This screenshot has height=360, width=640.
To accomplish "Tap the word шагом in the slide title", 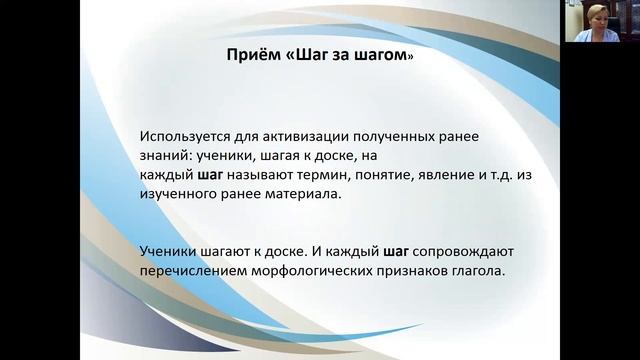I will point(384,57).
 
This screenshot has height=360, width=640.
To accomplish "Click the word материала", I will point(305,196).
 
